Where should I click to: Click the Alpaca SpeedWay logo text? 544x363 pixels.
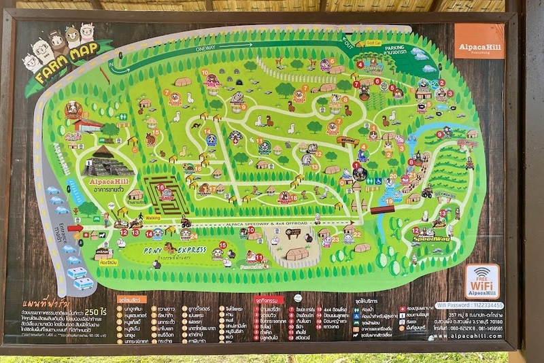pyautogui.click(x=426, y=239)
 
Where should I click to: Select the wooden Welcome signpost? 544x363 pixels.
pyautogui.click(x=347, y=141)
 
